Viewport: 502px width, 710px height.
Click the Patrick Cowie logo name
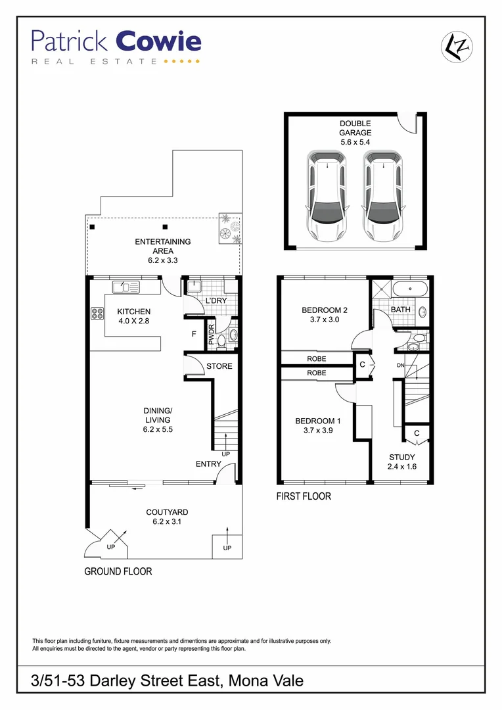[116, 42]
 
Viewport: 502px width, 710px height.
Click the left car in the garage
[326, 196]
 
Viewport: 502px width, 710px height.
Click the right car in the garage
[383, 196]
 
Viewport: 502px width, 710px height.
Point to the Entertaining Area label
[163, 246]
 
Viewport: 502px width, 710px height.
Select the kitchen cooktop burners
[97, 314]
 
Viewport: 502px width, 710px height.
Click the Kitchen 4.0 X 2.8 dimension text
[134, 321]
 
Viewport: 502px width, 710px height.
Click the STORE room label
[219, 366]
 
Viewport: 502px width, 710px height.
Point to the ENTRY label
[208, 464]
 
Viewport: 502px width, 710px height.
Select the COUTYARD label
[167, 512]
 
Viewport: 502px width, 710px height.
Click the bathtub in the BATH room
[409, 289]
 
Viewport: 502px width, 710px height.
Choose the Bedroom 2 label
[324, 310]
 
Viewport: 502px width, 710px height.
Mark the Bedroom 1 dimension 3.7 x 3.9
[317, 431]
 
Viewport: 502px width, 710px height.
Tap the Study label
[402, 458]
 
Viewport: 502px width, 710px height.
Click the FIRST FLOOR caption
[304, 496]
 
